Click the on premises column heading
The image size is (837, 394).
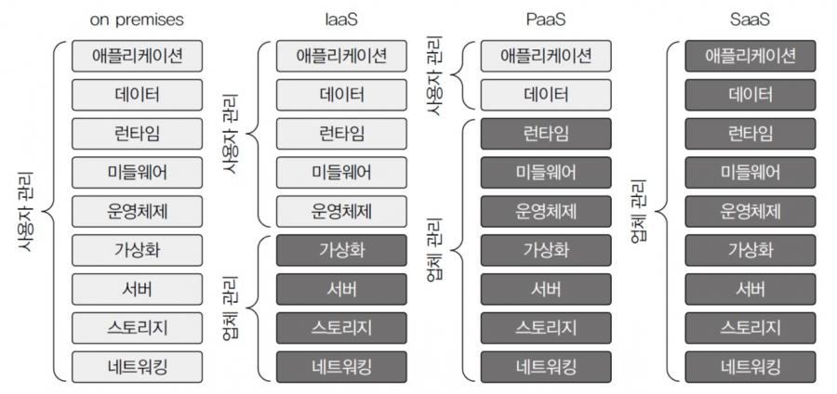coord(137,20)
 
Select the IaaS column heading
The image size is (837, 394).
coord(341,20)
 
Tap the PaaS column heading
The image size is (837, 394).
coord(546,20)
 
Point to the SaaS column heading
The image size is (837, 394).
coord(750,20)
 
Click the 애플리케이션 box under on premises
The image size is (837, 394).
coord(138,56)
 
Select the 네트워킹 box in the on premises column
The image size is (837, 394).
coord(138,367)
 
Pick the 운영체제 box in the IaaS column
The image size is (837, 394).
coord(341,212)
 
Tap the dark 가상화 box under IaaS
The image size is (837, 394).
coord(341,250)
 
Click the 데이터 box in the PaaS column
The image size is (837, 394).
coord(546,95)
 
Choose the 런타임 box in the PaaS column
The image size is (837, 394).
coord(546,134)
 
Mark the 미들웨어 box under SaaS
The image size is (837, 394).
coord(751,173)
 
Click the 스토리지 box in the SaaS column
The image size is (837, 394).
coord(751,328)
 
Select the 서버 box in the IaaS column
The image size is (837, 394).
coord(341,289)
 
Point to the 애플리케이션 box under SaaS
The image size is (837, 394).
coord(751,56)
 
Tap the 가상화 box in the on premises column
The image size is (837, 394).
coord(138,250)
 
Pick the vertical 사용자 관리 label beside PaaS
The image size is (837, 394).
coord(435,75)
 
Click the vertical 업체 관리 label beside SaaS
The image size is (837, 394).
coord(639,211)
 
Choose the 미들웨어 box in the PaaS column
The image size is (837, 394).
coord(546,173)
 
